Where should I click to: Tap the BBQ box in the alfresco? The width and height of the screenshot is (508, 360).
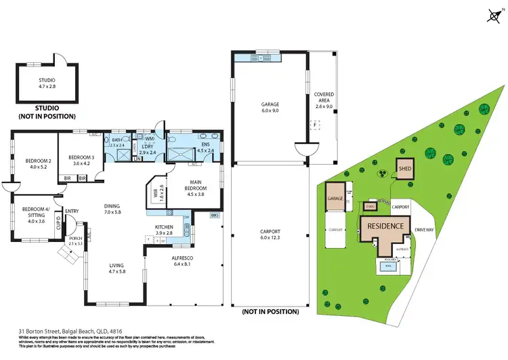[x=214, y=215]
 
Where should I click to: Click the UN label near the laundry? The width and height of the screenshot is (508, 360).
[x=137, y=159]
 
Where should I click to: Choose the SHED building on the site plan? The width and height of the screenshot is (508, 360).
[x=405, y=169]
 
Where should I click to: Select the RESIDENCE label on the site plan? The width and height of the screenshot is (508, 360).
[x=385, y=226]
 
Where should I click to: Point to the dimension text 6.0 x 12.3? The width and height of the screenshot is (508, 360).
[x=270, y=238]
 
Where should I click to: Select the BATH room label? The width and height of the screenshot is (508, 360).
[x=117, y=140]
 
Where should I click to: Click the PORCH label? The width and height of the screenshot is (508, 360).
[x=75, y=239]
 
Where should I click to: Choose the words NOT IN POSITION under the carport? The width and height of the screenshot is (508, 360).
[x=269, y=312]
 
